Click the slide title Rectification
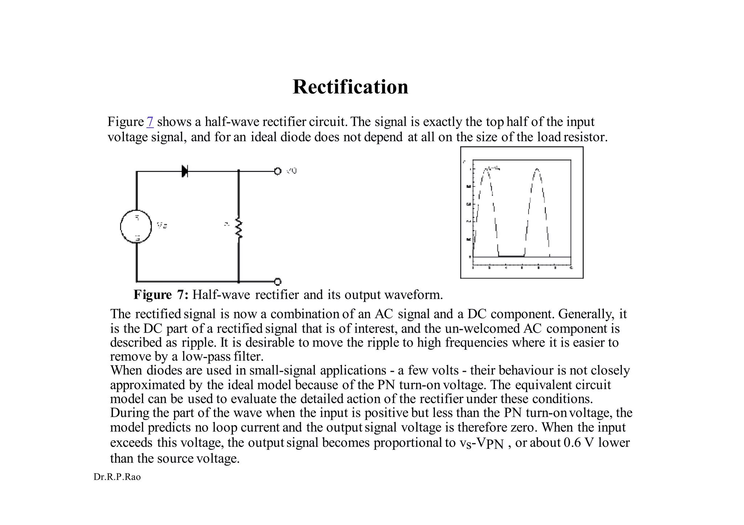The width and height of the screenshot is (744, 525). (x=350, y=87)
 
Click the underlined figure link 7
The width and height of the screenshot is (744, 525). (x=150, y=122)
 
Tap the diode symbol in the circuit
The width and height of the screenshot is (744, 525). (x=185, y=171)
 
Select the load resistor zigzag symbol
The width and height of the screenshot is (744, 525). (x=238, y=228)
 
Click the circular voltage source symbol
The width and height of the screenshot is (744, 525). (x=136, y=227)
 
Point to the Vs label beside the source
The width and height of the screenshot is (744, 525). (x=162, y=225)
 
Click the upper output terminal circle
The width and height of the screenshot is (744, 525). (x=278, y=171)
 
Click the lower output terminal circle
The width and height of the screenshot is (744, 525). (x=278, y=281)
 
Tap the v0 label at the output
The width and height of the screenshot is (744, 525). (x=291, y=171)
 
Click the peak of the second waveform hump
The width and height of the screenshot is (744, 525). (x=537, y=169)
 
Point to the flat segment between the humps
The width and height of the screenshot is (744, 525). (x=511, y=256)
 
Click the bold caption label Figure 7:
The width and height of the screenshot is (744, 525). (x=161, y=294)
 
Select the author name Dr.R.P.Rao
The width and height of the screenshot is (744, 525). (x=117, y=477)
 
